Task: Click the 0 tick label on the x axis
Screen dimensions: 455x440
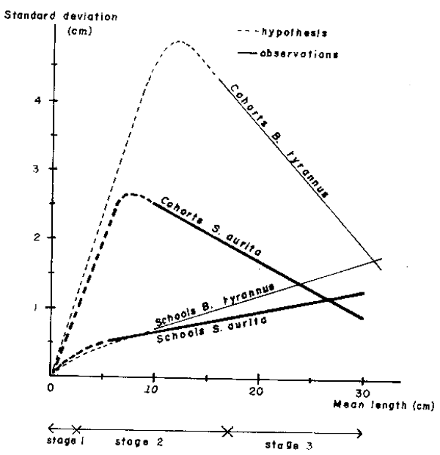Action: click(x=51, y=388)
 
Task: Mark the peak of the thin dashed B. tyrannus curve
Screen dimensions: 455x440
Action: click(x=179, y=41)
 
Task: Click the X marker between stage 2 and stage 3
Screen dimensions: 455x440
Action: click(x=227, y=432)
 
